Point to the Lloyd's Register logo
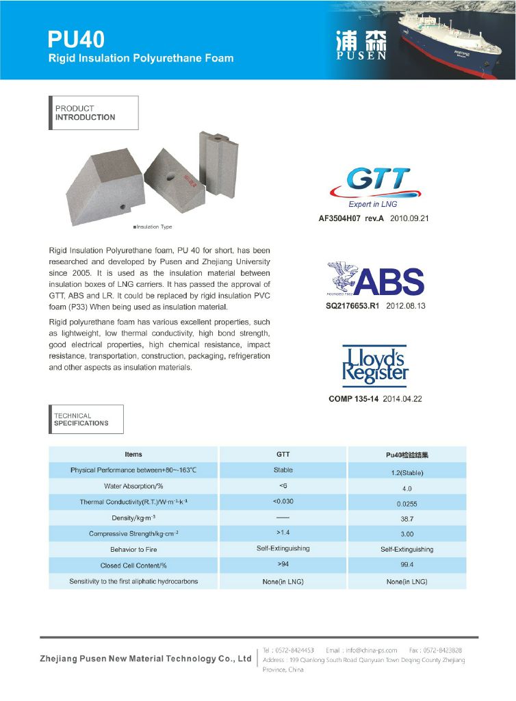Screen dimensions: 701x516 (374, 366)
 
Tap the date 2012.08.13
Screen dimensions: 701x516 (406, 306)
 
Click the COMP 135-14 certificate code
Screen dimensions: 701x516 (350, 399)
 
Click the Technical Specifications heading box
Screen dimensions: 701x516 (88, 419)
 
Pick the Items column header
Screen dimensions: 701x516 (133, 455)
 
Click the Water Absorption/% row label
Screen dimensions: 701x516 (133, 486)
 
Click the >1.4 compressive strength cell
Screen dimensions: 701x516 (283, 531)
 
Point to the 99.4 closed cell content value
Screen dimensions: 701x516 (407, 566)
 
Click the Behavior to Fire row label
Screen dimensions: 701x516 (133, 550)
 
